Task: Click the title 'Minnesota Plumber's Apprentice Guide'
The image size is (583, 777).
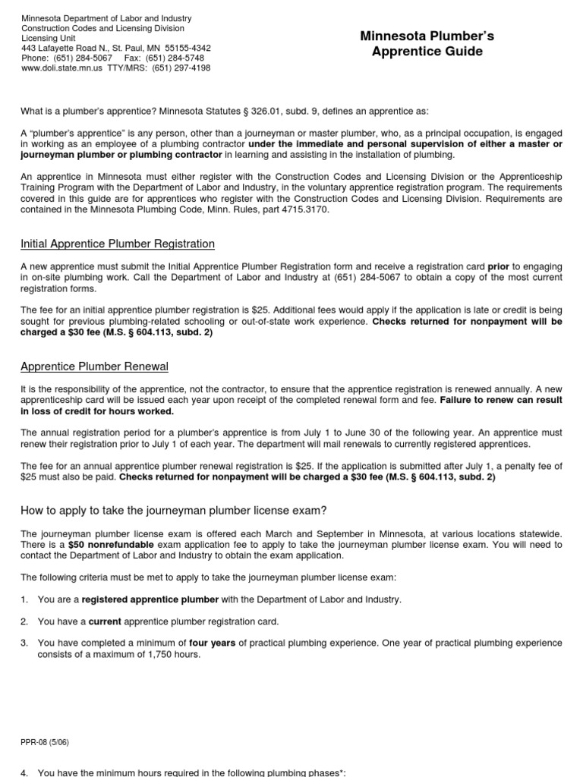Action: click(x=421, y=43)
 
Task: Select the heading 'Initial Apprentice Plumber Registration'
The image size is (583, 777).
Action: click(x=118, y=244)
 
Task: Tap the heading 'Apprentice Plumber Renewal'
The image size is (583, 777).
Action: click(x=94, y=366)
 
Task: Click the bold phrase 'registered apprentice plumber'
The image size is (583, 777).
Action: click(x=150, y=599)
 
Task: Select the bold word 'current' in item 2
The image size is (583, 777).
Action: click(x=105, y=621)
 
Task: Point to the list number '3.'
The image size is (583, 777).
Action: click(x=25, y=643)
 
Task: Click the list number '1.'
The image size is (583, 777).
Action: click(x=25, y=599)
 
